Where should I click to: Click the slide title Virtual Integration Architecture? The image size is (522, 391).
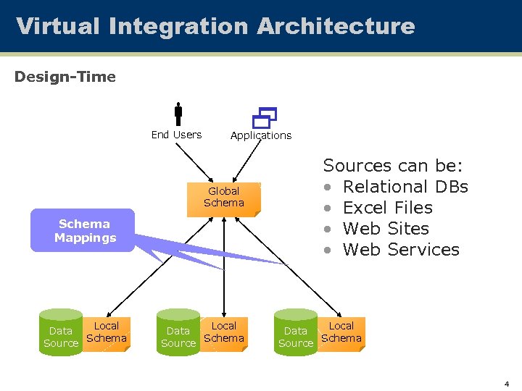click(215, 26)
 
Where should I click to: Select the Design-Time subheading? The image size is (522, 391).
click(65, 77)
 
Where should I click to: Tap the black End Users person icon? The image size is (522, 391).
click(178, 114)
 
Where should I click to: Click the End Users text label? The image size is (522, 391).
click(176, 135)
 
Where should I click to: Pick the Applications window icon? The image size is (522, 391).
click(265, 117)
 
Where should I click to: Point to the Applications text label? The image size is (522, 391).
click(261, 135)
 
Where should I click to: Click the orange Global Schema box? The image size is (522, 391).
click(224, 197)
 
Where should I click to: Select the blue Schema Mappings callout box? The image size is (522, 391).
click(83, 230)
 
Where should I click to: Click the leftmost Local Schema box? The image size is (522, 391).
click(107, 332)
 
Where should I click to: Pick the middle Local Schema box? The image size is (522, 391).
click(224, 332)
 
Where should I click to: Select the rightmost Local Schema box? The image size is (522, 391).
click(341, 332)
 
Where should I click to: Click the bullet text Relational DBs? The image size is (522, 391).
click(405, 187)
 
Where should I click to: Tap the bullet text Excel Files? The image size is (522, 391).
click(387, 208)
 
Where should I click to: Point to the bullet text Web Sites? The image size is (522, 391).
click(386, 229)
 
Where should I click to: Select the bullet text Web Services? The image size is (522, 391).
click(401, 250)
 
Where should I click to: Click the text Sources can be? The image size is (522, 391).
click(393, 166)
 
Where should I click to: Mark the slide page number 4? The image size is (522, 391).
click(506, 383)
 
